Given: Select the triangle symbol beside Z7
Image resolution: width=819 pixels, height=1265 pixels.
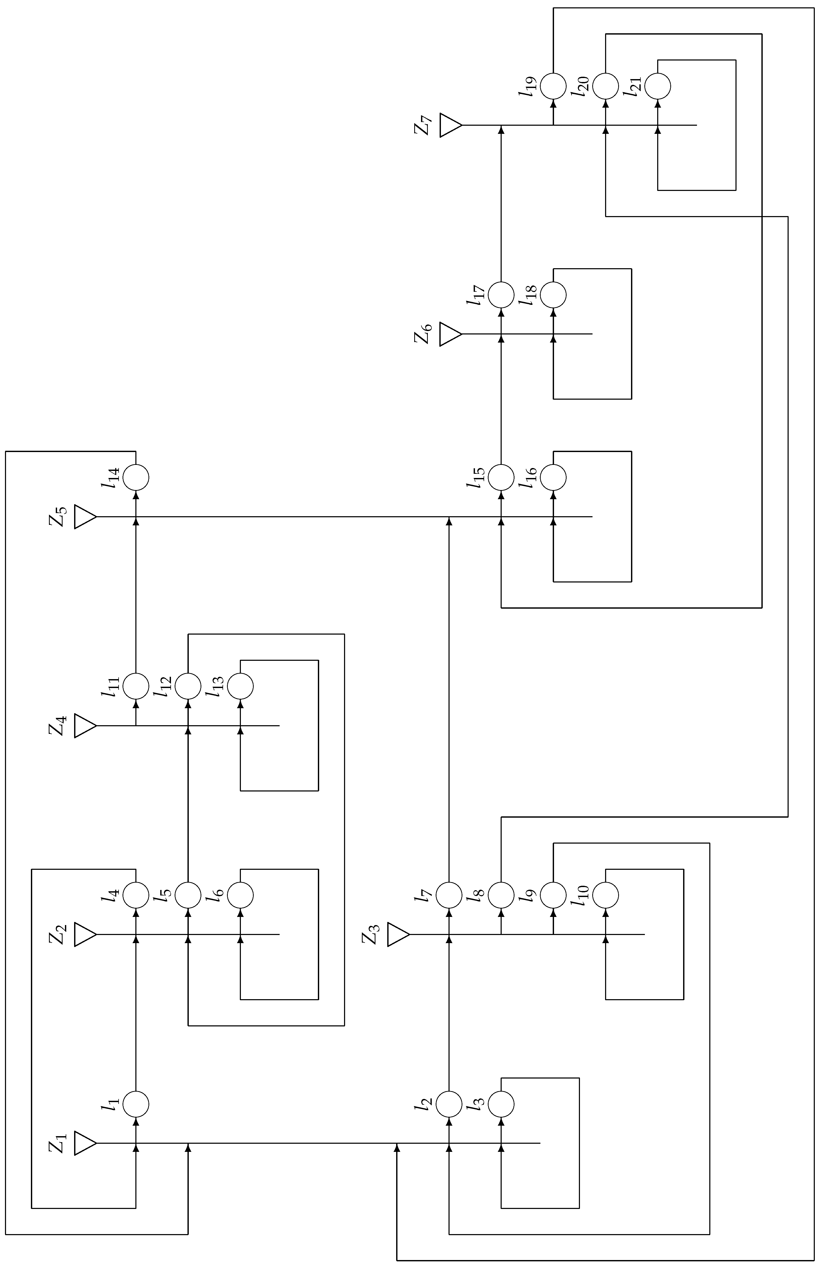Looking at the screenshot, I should click(x=450, y=125).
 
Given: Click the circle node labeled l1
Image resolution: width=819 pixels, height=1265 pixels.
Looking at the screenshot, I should click(x=136, y=1104).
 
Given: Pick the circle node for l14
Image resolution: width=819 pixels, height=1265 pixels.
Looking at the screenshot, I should click(x=136, y=477).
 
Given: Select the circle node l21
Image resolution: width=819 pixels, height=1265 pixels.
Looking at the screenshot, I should click(x=658, y=86).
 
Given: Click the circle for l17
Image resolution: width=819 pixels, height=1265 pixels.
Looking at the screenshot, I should click(x=501, y=294).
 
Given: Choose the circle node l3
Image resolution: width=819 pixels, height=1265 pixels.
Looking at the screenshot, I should click(x=501, y=1104).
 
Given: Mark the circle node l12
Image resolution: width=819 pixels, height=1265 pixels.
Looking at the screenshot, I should click(x=188, y=686).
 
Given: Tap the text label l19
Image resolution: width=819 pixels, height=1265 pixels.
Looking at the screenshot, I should click(x=528, y=86).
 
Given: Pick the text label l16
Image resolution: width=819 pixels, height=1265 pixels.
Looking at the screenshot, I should click(x=528, y=477).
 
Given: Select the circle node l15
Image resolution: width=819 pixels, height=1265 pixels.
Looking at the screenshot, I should click(x=501, y=477).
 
